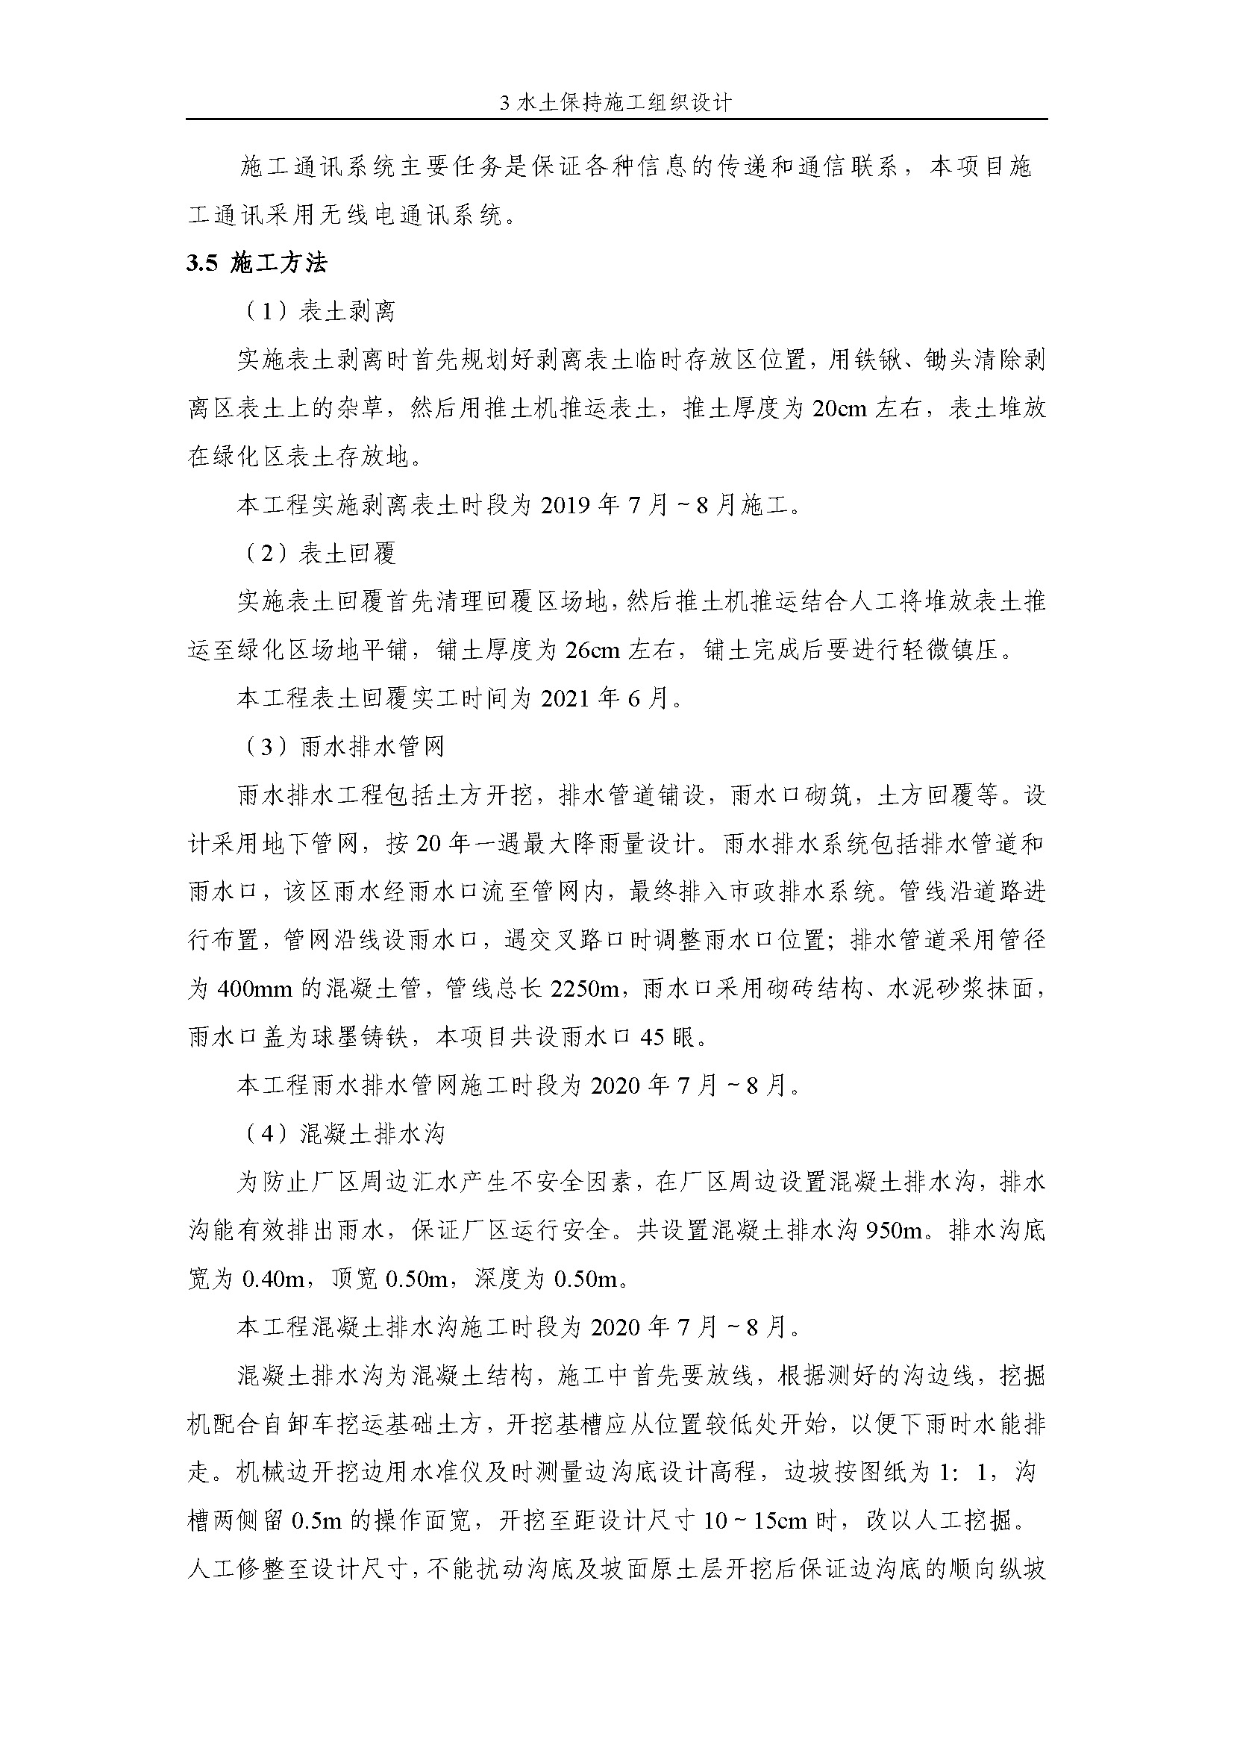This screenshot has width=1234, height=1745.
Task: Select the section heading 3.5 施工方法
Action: coord(257,263)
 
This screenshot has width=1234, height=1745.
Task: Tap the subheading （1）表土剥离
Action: coord(320,312)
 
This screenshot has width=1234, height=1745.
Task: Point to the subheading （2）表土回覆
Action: coord(320,554)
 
